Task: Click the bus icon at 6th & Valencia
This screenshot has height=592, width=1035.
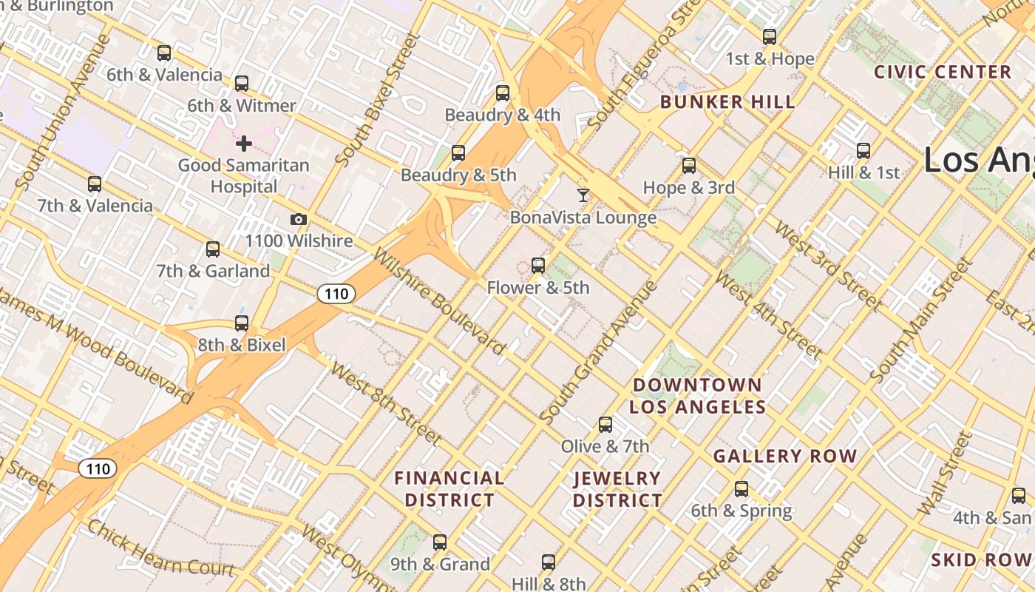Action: click(164, 53)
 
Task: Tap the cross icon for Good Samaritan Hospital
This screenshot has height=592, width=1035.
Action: click(243, 144)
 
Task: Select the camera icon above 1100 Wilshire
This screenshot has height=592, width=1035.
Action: click(299, 220)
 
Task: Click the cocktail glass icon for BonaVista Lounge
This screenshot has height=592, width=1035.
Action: click(583, 195)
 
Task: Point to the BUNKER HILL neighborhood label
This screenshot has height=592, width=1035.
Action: click(727, 102)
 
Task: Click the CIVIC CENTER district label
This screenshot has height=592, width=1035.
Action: click(943, 73)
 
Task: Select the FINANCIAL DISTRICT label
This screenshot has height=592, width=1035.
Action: click(449, 489)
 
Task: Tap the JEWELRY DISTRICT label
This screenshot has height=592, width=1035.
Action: click(617, 489)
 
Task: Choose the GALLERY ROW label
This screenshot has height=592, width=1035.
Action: click(785, 457)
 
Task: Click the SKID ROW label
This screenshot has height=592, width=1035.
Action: click(982, 559)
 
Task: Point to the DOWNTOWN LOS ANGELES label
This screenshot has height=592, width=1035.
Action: click(697, 396)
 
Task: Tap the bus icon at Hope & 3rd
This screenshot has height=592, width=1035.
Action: click(689, 166)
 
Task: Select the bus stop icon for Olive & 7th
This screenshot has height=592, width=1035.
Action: click(605, 425)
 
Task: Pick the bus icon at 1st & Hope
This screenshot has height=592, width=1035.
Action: click(770, 37)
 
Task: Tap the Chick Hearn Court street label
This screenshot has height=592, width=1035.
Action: click(160, 549)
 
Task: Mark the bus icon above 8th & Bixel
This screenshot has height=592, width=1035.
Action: click(242, 323)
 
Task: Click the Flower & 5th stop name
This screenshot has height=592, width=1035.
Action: click(538, 288)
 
